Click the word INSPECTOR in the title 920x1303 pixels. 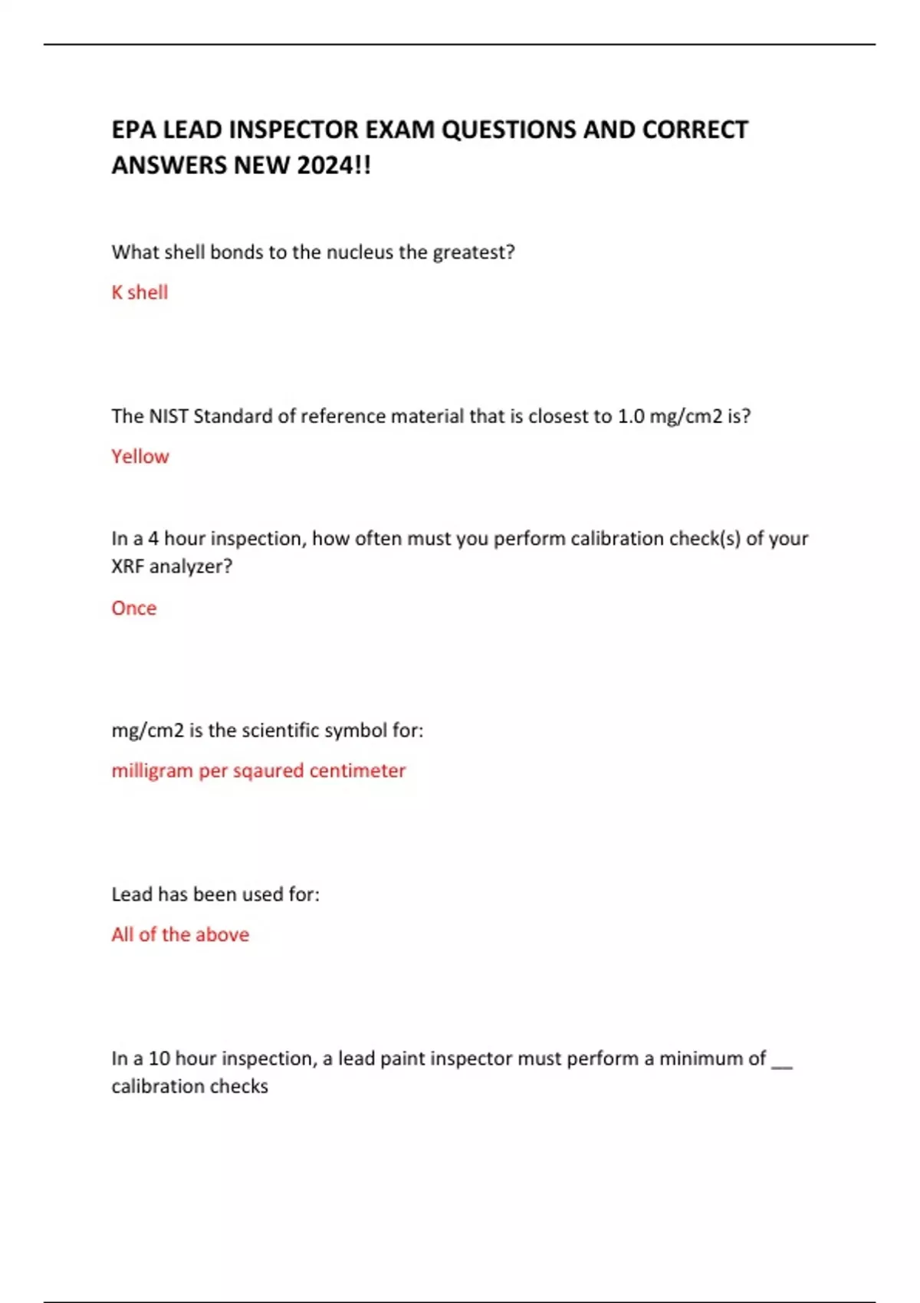(x=293, y=130)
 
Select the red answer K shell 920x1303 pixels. (x=140, y=292)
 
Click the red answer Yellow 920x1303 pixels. (x=140, y=457)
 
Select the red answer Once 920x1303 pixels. (x=133, y=608)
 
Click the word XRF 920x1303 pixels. (x=127, y=566)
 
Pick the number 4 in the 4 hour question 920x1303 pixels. (x=153, y=539)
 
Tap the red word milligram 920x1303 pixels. (x=152, y=771)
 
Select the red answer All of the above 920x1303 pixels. (x=180, y=934)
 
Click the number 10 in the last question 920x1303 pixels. (x=159, y=1058)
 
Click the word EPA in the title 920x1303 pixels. (x=134, y=130)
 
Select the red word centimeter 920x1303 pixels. (x=357, y=770)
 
